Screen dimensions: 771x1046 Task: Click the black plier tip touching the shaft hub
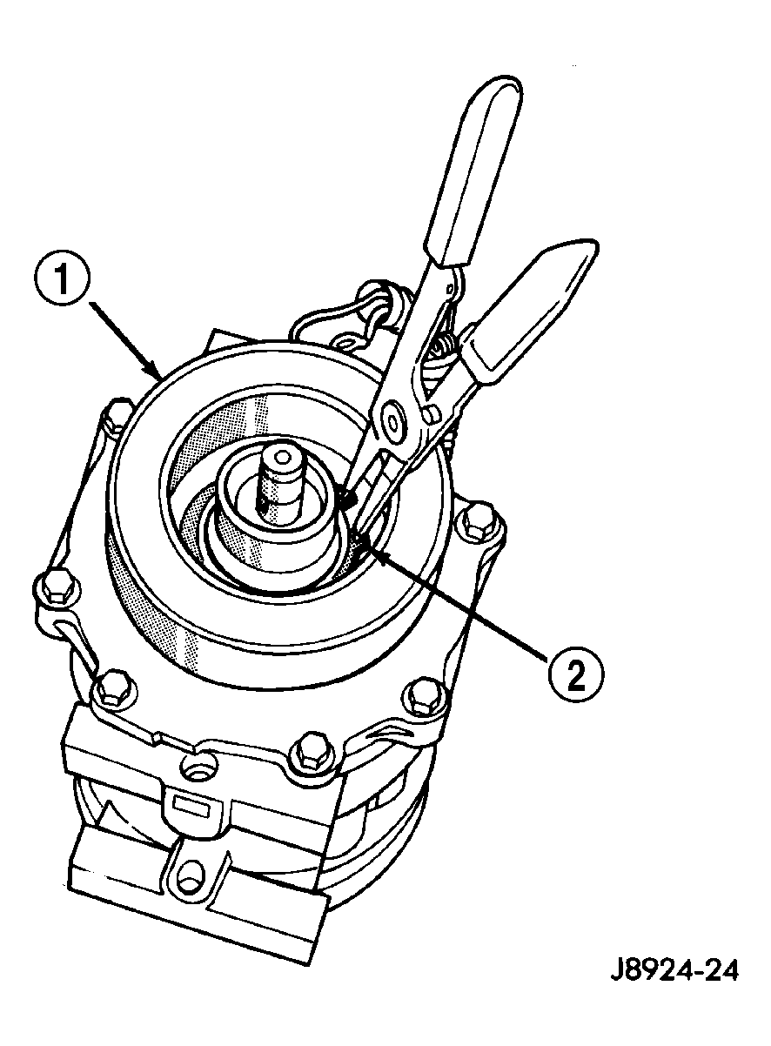tap(347, 500)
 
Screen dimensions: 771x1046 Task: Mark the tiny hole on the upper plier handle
tap(449, 290)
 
